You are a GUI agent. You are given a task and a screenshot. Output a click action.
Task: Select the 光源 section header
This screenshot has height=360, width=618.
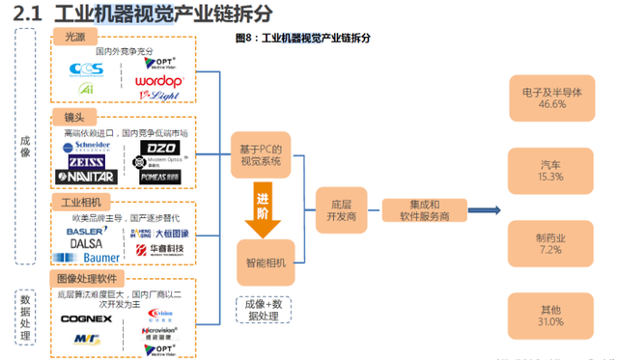point(75,37)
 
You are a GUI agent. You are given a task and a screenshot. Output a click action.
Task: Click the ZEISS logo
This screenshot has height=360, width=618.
point(87,162)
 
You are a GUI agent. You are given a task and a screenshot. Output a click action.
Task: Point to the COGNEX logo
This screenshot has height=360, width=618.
point(86,318)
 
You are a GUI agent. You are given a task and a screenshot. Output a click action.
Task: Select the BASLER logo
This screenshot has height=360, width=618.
point(88,234)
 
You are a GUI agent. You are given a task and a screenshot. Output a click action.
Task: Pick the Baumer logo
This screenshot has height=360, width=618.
point(95,259)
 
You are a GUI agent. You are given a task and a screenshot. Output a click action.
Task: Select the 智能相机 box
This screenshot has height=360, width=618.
point(265,262)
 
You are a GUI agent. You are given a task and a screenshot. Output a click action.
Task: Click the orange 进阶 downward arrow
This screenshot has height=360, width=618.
point(262,208)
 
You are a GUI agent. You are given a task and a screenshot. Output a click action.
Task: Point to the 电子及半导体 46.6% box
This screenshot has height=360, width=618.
point(550,98)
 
